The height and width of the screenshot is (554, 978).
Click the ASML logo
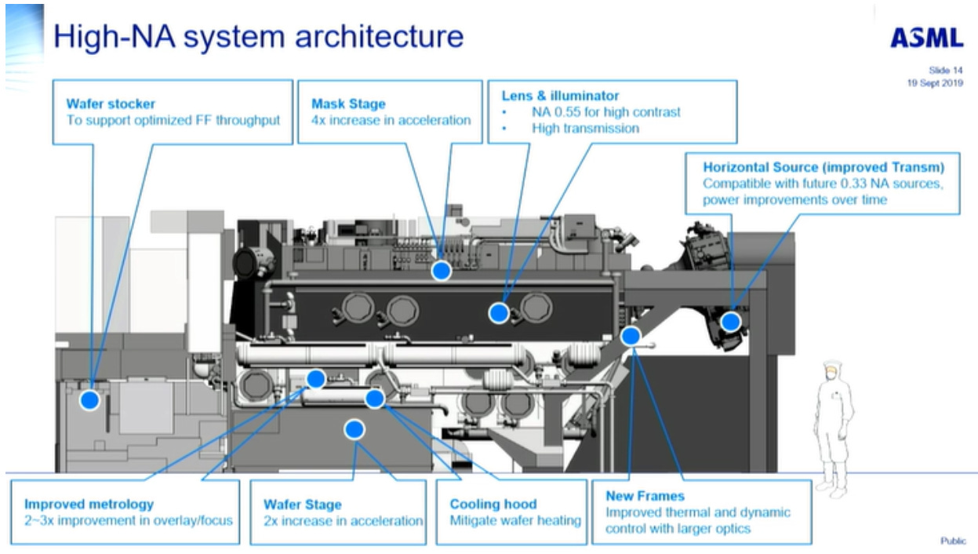click(926, 38)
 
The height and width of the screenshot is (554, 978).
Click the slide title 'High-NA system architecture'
click(258, 36)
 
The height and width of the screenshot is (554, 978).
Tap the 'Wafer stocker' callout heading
click(111, 104)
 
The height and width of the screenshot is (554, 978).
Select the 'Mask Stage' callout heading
click(348, 104)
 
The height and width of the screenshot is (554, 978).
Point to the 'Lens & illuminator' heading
click(560, 96)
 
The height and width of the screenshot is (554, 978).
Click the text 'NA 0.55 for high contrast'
click(605, 111)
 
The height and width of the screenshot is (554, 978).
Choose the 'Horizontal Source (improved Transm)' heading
click(823, 167)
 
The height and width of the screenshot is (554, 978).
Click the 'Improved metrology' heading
click(89, 504)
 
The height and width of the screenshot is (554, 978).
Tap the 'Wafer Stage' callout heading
click(302, 505)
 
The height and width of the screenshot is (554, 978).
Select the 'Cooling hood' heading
click(493, 504)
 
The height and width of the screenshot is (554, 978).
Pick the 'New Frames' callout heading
click(645, 496)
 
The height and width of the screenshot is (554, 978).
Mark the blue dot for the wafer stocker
click(90, 400)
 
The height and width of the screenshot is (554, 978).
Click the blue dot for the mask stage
click(442, 271)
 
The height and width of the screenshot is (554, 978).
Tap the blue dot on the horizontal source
click(730, 321)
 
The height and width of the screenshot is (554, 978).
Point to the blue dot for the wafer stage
click(354, 429)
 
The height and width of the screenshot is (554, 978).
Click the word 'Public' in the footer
click(953, 541)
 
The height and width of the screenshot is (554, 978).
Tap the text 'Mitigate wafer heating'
click(514, 520)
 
